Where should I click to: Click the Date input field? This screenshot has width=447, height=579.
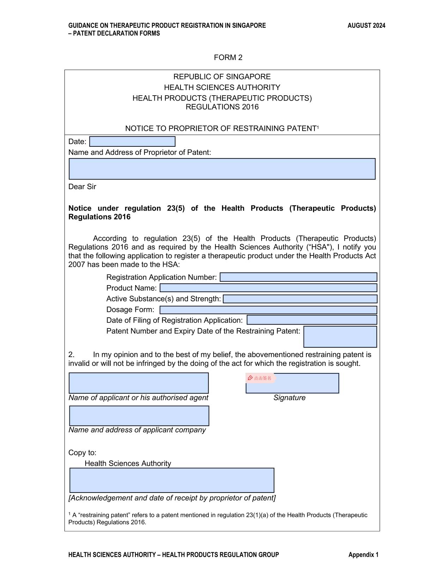pyautogui.click(x=132, y=141)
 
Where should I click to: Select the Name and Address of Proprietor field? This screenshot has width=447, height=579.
pyautogui.click(x=222, y=169)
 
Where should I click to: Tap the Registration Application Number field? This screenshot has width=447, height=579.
pyautogui.click(x=298, y=277)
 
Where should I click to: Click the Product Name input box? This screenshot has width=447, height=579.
pyautogui.click(x=268, y=288)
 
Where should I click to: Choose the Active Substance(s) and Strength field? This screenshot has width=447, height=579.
pyautogui.click(x=300, y=299)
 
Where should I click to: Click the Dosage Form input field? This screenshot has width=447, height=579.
pyautogui.click(x=268, y=310)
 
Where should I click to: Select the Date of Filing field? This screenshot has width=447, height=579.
pyautogui.click(x=312, y=320)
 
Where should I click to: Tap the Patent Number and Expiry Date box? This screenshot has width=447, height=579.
pyautogui.click(x=340, y=337)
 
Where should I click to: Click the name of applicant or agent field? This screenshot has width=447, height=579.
pyautogui.click(x=139, y=383)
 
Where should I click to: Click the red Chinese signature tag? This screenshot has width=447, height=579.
pyautogui.click(x=260, y=378)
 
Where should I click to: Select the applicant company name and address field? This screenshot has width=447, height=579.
pyautogui.click(x=139, y=416)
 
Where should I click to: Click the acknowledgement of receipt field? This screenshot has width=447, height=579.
pyautogui.click(x=172, y=480)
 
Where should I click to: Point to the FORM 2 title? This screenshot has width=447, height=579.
pyautogui.click(x=228, y=58)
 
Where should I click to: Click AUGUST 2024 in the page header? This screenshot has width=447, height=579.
pyautogui.click(x=366, y=25)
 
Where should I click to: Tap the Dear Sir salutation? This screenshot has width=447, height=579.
pyautogui.click(x=82, y=187)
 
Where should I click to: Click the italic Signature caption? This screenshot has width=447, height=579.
pyautogui.click(x=289, y=398)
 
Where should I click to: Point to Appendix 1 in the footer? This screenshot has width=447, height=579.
pyautogui.click(x=363, y=555)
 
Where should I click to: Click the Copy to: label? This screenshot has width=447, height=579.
pyautogui.click(x=82, y=453)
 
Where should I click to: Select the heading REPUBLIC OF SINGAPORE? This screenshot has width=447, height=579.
pyautogui.click(x=222, y=77)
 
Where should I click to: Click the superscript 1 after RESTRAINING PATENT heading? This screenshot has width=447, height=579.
pyautogui.click(x=318, y=127)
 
